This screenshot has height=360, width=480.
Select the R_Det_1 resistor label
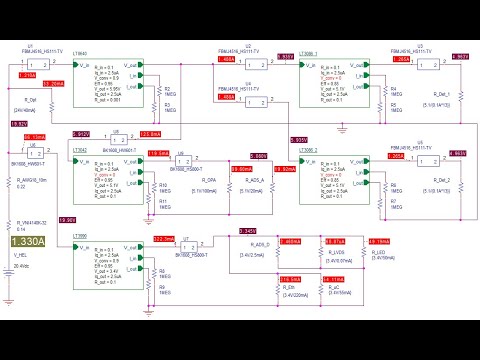[x=439, y=95]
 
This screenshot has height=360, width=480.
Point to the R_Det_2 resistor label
[x=439, y=180]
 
